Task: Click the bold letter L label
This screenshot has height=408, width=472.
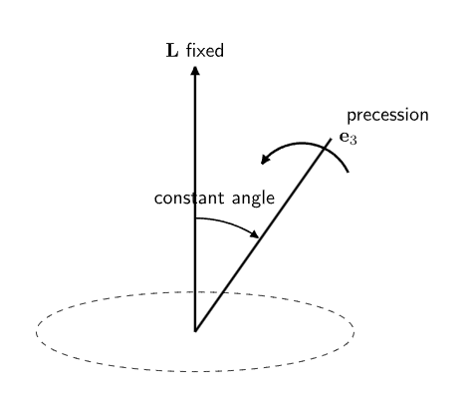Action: (x=172, y=51)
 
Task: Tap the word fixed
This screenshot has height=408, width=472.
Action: (x=205, y=51)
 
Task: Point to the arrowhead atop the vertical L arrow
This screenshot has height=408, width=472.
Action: (x=195, y=71)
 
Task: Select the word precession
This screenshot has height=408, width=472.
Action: (x=387, y=116)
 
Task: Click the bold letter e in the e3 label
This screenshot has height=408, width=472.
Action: (x=344, y=137)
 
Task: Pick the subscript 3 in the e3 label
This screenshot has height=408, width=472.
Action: (x=354, y=141)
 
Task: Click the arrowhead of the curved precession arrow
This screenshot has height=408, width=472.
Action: (x=266, y=159)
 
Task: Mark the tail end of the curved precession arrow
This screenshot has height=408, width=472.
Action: (x=349, y=172)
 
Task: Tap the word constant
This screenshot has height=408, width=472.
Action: (x=189, y=199)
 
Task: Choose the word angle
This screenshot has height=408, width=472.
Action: (x=253, y=199)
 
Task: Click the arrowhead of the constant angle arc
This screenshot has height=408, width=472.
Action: (x=255, y=234)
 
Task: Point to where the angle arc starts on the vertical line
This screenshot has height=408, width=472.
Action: (x=195, y=218)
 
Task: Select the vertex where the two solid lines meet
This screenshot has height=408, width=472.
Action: (x=195, y=330)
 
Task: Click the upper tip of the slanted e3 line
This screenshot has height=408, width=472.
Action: (x=331, y=139)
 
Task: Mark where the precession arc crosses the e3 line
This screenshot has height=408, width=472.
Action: (x=325, y=148)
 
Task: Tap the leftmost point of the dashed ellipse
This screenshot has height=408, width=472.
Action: (x=36, y=331)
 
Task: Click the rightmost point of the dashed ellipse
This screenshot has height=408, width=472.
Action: (x=354, y=331)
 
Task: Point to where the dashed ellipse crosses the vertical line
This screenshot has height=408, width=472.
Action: (x=195, y=292)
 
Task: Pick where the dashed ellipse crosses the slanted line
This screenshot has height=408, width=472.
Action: (x=222, y=292)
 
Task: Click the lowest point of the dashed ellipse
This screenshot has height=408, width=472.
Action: (x=195, y=371)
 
